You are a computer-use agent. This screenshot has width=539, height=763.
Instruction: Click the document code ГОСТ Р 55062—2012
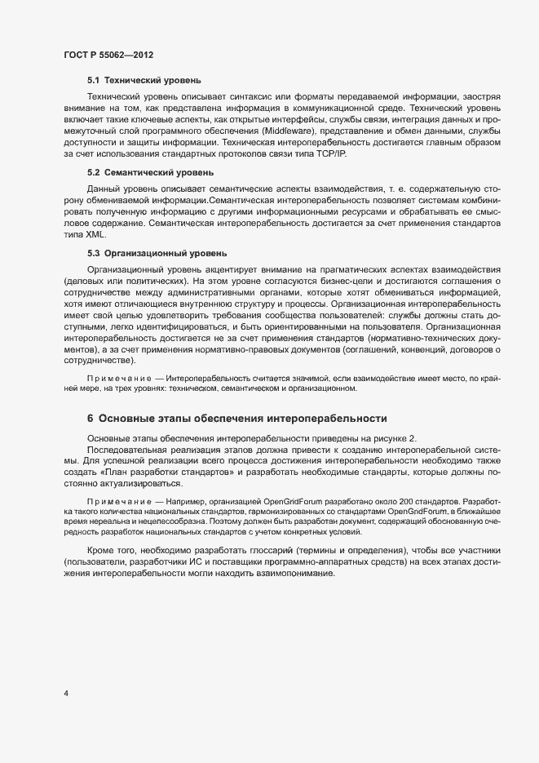coord(108,55)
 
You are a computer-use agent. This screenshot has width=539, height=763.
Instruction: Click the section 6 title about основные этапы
coord(236,419)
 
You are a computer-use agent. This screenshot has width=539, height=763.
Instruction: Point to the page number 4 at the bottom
coord(65,694)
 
